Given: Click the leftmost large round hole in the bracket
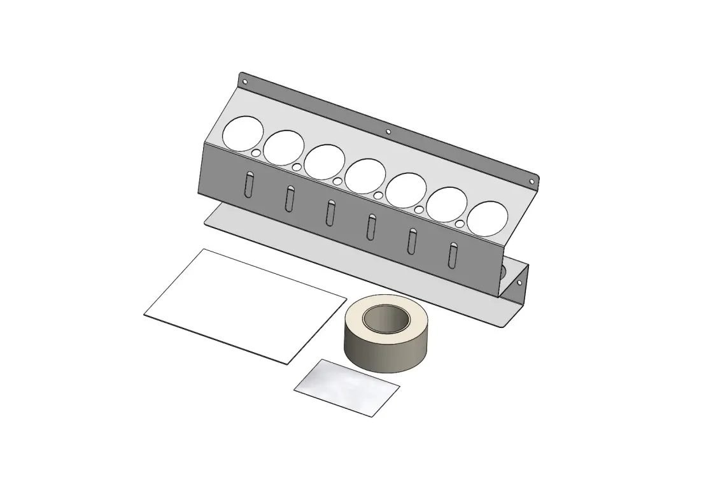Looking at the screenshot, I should (x=243, y=134).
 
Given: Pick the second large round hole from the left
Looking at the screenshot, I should (x=283, y=148).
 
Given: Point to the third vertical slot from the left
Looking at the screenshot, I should (x=330, y=212).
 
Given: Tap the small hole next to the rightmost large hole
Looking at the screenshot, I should (x=460, y=224).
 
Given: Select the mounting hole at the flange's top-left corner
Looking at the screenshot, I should (x=244, y=82).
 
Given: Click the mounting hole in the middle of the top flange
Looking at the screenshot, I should (x=388, y=132).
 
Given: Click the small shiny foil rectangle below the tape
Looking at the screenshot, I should (x=347, y=387).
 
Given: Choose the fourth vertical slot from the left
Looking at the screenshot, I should (x=371, y=226).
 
